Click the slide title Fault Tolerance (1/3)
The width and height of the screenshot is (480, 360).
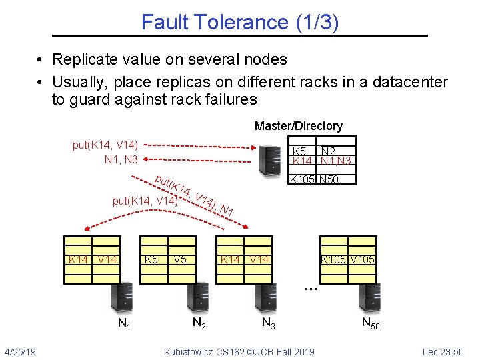click(240, 22)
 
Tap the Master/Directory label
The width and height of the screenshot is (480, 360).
click(298, 126)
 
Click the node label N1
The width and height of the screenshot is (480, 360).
click(123, 325)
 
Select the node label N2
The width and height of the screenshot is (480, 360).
click(198, 323)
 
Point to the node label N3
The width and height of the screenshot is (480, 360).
click(269, 323)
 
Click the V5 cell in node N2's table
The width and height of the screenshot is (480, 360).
click(179, 259)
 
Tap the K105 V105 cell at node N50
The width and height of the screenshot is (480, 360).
click(348, 259)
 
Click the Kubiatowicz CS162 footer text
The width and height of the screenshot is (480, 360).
click(239, 351)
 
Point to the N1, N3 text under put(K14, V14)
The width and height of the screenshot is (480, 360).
click(121, 159)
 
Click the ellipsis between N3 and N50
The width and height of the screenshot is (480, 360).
click(309, 288)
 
